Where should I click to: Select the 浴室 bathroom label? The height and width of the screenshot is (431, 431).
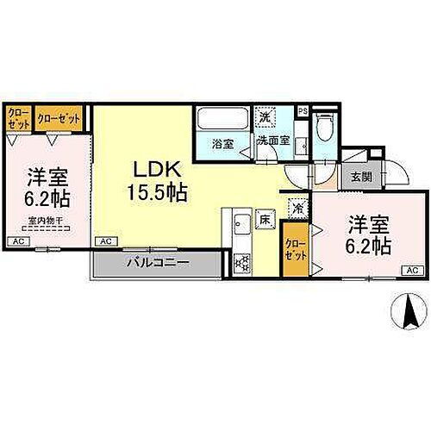222,144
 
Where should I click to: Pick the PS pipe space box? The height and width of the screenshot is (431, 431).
302,110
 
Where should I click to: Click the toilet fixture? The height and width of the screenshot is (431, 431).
324,127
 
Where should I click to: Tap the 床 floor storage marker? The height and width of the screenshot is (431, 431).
265,222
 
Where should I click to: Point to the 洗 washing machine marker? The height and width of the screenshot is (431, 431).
266,116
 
